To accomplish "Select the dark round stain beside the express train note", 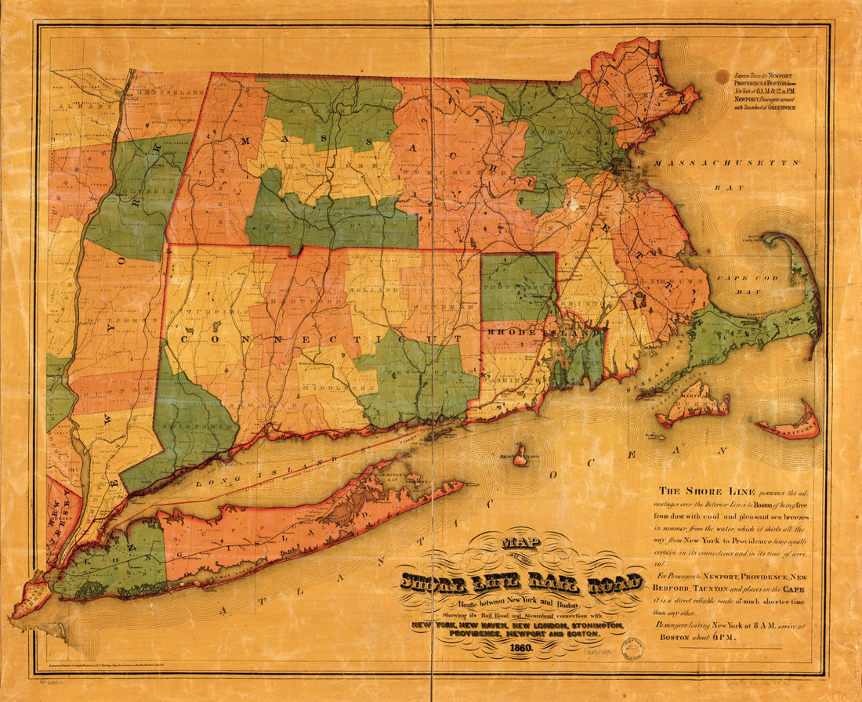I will [x=722, y=76].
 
